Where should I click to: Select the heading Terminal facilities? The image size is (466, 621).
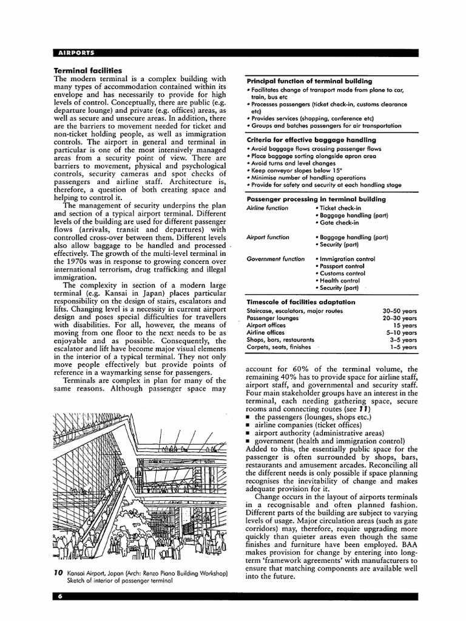pos(88,70)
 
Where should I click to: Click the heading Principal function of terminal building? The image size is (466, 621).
pos(309,81)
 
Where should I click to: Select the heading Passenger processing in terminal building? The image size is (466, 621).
pos(316,199)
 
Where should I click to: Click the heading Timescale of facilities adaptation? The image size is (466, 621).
pos(300,302)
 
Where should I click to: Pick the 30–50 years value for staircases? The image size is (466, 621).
pos(400,310)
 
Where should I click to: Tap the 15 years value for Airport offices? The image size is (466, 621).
pos(405,325)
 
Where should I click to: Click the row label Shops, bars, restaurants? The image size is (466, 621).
pos(280,340)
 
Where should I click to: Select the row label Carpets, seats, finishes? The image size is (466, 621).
pos(279,347)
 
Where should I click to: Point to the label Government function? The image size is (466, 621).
pos(275,259)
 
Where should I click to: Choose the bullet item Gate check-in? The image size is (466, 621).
pos(341,223)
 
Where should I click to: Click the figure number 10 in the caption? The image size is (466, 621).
pos(58,573)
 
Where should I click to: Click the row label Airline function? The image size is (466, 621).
pos(268,208)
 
